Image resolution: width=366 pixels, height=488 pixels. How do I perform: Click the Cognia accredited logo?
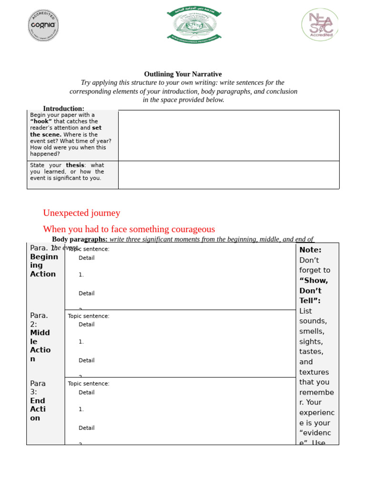tap(43, 25)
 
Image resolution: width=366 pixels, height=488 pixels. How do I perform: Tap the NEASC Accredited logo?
tap(320, 25)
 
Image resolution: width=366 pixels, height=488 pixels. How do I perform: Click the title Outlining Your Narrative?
tap(183, 74)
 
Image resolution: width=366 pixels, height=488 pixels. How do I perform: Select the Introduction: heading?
tap(63, 109)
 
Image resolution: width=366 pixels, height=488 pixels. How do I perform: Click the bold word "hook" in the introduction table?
tap(41, 122)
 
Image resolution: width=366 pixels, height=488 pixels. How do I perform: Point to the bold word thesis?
tap(75, 165)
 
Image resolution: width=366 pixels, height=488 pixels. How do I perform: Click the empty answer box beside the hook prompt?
tap(229, 135)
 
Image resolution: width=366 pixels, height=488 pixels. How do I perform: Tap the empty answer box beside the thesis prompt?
tap(229, 175)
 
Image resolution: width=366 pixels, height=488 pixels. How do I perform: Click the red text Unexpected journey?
tap(81, 213)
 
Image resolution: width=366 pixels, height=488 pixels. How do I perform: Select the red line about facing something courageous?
tap(129, 229)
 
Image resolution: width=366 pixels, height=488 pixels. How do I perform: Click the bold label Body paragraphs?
tap(80, 239)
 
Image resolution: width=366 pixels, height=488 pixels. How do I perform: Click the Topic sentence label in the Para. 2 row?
tap(89, 316)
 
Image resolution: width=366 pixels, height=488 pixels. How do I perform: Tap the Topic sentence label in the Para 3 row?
tap(89, 384)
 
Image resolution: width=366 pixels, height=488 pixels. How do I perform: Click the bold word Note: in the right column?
tap(310, 250)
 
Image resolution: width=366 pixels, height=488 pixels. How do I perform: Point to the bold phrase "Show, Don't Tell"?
tap(314, 290)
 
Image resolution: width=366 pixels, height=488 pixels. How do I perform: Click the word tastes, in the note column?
tap(311, 352)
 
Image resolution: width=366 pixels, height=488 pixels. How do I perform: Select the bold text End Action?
tap(38, 409)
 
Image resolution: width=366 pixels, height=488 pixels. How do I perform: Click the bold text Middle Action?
tap(41, 346)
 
